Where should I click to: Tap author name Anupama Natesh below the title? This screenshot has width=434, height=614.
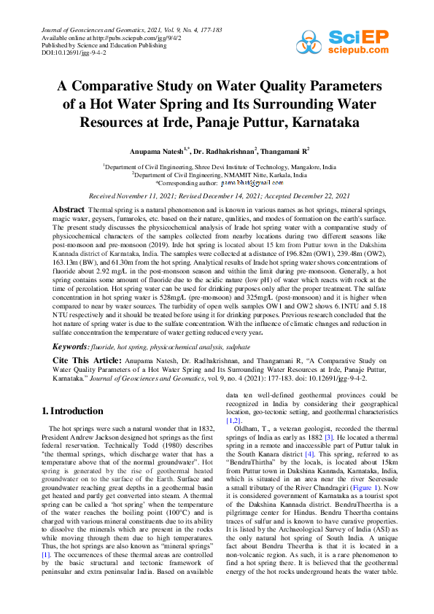[156, 149]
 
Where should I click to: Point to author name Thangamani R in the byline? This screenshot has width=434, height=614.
[284, 149]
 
